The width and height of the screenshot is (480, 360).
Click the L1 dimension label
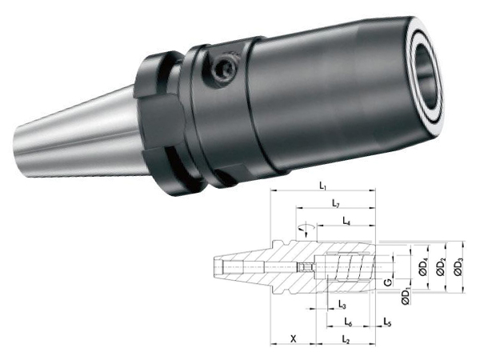[x=322, y=186]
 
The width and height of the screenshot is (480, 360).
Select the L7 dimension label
[x=336, y=203]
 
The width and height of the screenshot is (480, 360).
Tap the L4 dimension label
[x=346, y=221]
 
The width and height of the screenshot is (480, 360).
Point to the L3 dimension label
[x=342, y=304]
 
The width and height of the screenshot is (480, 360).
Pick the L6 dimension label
[x=348, y=322]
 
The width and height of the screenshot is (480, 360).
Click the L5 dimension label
[x=387, y=322]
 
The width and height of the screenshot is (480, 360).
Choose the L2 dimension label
[x=346, y=339]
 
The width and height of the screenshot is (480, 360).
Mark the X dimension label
[x=294, y=338]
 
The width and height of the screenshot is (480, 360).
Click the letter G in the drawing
[x=388, y=282]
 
